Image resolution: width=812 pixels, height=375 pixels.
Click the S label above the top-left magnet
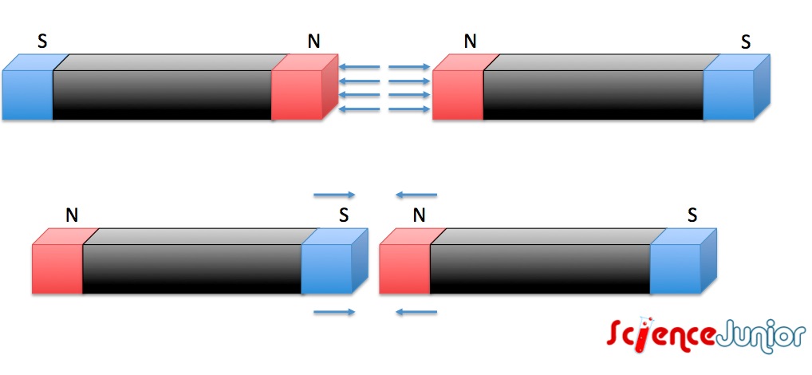[x=42, y=41]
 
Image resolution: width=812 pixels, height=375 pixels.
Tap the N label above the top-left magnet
[x=313, y=41]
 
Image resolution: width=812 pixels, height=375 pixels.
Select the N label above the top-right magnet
[x=470, y=41]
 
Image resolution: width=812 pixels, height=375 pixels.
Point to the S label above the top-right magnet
[x=745, y=41]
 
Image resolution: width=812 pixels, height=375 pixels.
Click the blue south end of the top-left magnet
[x=28, y=94]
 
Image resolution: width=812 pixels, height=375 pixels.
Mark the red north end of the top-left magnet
[x=297, y=94]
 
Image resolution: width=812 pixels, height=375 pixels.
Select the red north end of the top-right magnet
[x=458, y=94]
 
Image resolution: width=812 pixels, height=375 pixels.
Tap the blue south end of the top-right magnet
[x=728, y=94]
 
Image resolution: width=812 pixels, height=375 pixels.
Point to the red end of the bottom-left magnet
[x=57, y=267]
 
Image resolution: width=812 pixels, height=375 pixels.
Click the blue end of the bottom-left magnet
[x=327, y=267]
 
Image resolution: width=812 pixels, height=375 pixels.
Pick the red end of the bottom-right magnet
[x=404, y=267]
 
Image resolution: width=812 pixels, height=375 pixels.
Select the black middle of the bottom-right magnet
[x=540, y=267]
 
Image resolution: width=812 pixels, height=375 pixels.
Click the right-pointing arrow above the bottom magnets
[x=334, y=194]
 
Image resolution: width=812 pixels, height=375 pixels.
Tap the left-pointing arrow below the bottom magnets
[x=416, y=312]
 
